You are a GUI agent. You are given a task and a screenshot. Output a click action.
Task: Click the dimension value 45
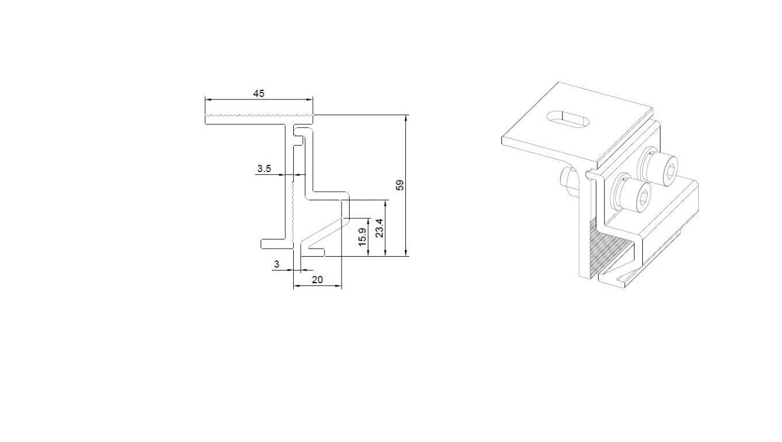(x=259, y=94)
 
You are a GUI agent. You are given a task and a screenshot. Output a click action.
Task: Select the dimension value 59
(x=400, y=185)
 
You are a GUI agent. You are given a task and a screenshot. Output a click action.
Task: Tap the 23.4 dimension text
(x=379, y=228)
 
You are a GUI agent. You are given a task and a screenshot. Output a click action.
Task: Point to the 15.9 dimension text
(x=363, y=237)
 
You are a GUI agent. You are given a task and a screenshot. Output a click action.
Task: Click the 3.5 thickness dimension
(x=264, y=169)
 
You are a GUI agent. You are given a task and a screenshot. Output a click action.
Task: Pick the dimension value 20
(x=317, y=280)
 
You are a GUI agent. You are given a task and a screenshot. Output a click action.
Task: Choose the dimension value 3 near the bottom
(x=277, y=264)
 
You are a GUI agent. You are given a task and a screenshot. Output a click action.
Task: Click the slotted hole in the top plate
(x=568, y=120)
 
